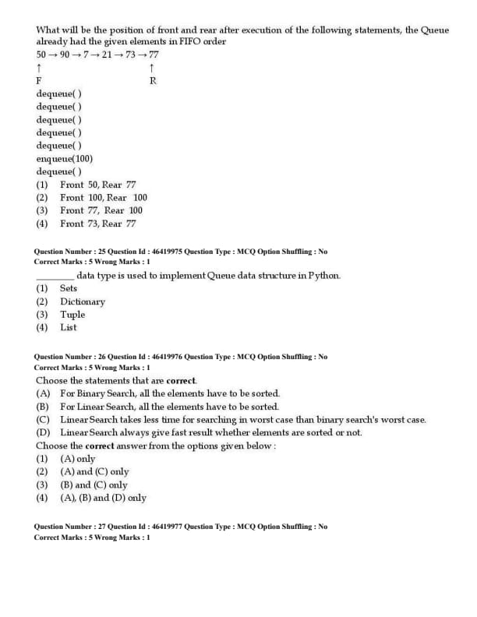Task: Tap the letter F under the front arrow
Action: coord(39,81)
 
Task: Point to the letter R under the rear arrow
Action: coord(153,81)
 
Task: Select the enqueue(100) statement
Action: coord(64,158)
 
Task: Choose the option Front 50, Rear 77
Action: coord(97,185)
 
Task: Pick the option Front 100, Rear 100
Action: coord(103,197)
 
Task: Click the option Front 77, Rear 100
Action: coord(101,210)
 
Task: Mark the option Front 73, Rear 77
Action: coord(97,224)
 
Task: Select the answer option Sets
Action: coord(69,288)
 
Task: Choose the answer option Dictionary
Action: coord(82,301)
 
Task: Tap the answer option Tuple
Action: coord(72,315)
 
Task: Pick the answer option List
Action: coord(69,328)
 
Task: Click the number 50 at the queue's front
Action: coord(41,55)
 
